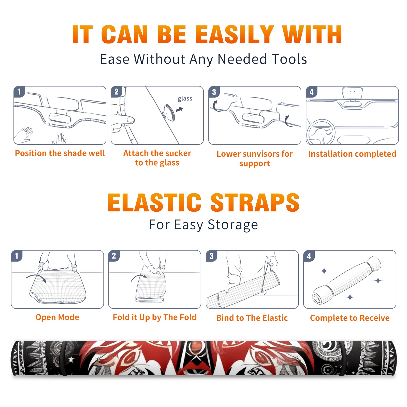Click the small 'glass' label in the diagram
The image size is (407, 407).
pyautogui.click(x=185, y=98)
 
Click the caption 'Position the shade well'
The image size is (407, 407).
pyautogui.click(x=60, y=153)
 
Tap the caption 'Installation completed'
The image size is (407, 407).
pyautogui.click(x=352, y=154)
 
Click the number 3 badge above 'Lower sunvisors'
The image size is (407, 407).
pyautogui.click(x=214, y=92)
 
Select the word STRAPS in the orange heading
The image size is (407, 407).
pyautogui.click(x=255, y=202)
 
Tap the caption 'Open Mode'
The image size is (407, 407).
pyautogui.click(x=57, y=317)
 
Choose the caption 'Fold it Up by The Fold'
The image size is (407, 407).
pyautogui.click(x=155, y=317)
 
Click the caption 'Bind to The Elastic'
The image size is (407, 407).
pyautogui.click(x=252, y=318)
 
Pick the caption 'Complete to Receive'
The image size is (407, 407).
pyautogui.click(x=350, y=318)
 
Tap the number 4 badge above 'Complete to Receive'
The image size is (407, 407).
pyautogui.click(x=309, y=256)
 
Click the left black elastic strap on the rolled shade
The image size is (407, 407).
pyautogui.click(x=64, y=358)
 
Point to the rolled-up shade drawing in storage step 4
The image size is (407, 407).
pyautogui.click(x=346, y=280)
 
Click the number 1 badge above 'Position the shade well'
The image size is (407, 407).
pyautogui.click(x=19, y=92)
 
